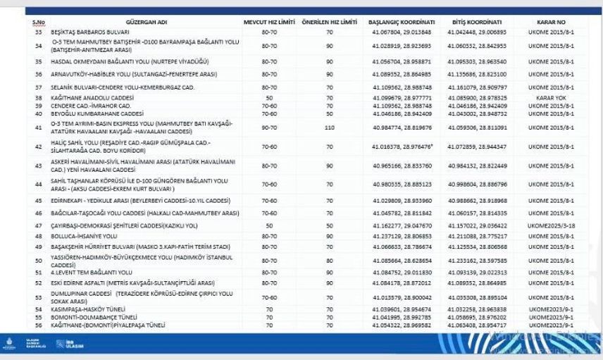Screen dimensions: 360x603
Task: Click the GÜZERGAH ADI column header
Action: point(146,23)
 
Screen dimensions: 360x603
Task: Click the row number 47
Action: point(38,225)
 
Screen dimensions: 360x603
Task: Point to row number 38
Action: point(38,97)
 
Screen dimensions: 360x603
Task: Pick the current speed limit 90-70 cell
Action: point(268,128)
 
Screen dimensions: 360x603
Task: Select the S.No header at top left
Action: point(38,23)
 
